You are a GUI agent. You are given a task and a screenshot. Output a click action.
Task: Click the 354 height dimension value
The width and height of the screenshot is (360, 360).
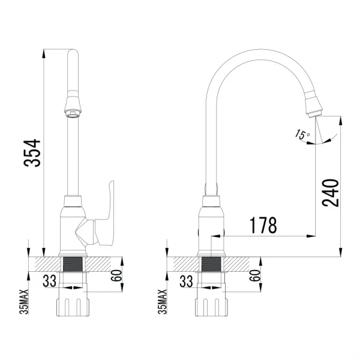tap(32, 152)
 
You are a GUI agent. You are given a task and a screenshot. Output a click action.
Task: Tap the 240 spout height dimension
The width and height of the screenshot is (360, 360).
tap(331, 193)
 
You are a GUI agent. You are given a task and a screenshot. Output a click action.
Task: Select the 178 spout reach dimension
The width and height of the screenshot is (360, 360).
tap(263, 225)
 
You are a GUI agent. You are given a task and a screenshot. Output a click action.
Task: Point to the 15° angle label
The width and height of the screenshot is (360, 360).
tap(302, 135)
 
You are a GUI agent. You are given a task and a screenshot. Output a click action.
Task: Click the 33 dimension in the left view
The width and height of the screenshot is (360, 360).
tap(49, 281)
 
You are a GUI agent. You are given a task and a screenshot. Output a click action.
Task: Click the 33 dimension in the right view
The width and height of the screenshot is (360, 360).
tap(186, 281)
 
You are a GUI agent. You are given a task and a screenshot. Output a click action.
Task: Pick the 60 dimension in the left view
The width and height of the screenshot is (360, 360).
tap(116, 276)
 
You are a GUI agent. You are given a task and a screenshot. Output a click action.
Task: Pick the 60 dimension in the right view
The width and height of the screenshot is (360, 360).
tap(255, 276)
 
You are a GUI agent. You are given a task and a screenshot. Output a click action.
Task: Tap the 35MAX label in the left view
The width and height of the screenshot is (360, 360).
tap(24, 302)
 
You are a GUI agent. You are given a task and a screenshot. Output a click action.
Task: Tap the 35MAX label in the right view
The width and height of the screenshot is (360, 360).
tap(163, 302)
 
